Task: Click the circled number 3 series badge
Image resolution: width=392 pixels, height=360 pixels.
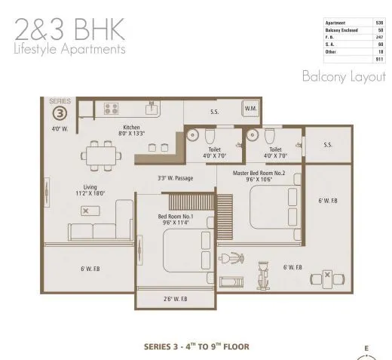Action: [x=58, y=114]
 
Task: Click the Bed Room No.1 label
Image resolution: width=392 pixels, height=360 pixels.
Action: [x=175, y=220]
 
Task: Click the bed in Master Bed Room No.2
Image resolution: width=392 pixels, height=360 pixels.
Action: [x=269, y=205]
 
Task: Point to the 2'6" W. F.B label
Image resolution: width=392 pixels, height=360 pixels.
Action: [x=176, y=300]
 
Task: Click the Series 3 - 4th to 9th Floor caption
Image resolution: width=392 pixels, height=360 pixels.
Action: [x=196, y=347]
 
